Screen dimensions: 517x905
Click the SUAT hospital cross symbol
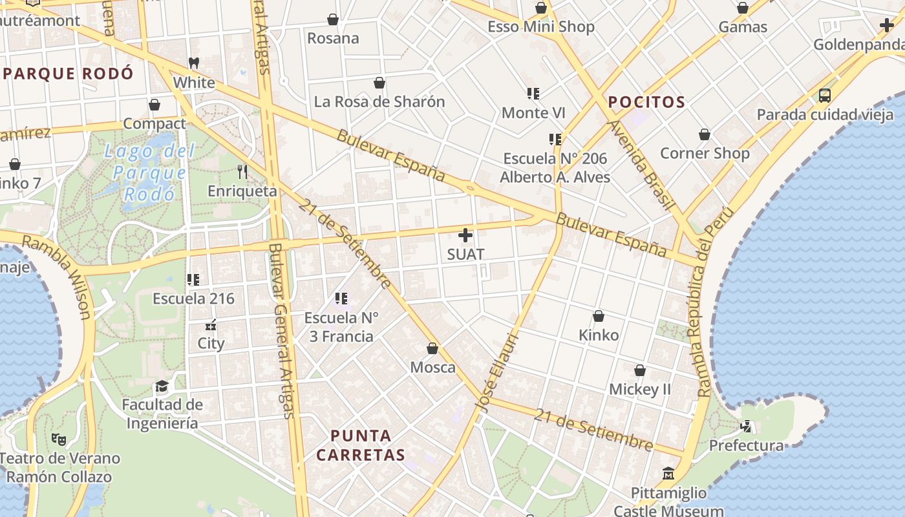[x=465, y=235]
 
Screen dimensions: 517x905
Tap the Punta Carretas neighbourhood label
[x=361, y=445]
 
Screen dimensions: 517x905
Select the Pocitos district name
[x=646, y=102]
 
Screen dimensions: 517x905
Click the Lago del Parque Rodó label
[x=149, y=173]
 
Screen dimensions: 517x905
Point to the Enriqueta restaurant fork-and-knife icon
[x=242, y=171]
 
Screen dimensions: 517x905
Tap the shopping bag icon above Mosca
[x=432, y=348]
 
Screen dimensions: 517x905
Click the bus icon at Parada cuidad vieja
[x=824, y=96]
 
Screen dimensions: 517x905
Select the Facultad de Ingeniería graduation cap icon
[x=162, y=386]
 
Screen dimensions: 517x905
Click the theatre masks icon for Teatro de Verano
[x=59, y=439]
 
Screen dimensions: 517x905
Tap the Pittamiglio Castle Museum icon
[x=668, y=474]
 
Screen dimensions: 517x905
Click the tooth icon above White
[x=193, y=63]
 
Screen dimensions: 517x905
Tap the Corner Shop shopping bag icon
[x=705, y=134]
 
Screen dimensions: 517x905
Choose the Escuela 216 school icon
[x=193, y=279]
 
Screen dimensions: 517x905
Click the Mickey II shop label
[x=640, y=390]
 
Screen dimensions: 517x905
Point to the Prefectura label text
[x=746, y=445]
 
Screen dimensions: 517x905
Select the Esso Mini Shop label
[x=541, y=27]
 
